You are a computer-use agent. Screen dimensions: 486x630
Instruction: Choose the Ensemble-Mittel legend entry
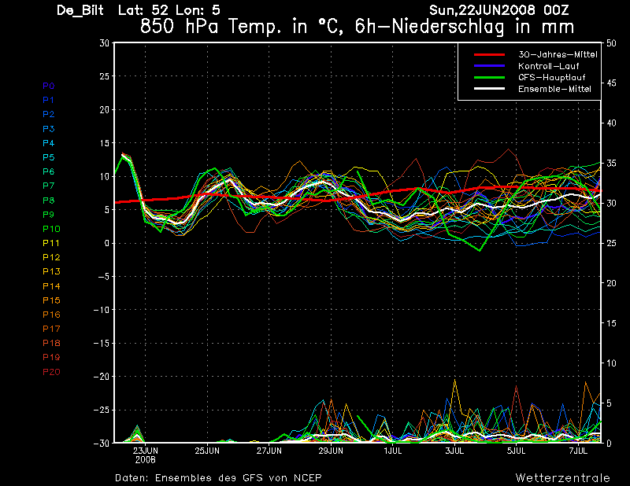click(x=554, y=90)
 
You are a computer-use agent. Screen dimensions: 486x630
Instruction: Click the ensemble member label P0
click(x=49, y=86)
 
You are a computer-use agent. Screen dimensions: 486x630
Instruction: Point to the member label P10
click(x=51, y=229)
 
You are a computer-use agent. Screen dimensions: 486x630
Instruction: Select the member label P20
click(x=51, y=371)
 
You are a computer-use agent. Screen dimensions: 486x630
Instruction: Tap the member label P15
click(x=51, y=300)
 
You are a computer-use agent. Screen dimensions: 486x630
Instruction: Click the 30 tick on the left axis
click(x=104, y=43)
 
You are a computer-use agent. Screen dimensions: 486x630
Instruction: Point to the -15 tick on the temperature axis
click(x=102, y=343)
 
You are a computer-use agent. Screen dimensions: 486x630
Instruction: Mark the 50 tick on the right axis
click(x=609, y=43)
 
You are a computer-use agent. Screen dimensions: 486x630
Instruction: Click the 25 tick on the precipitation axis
click(x=609, y=243)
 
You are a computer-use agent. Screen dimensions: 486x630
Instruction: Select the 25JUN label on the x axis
click(x=207, y=451)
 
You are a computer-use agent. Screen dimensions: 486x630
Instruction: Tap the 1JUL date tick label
click(x=393, y=451)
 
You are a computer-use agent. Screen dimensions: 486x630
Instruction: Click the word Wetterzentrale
click(x=561, y=477)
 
